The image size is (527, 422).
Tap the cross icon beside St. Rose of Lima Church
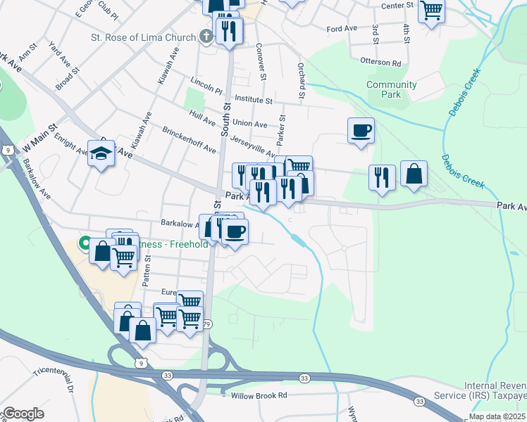coord(206,37)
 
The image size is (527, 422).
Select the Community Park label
coord(391,89)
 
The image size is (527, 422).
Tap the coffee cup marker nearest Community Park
coord(361,131)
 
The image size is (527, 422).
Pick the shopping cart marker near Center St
coord(431,11)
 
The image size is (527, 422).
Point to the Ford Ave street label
coord(343,29)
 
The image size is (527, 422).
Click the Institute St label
coord(254,101)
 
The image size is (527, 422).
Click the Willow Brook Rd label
coord(254,396)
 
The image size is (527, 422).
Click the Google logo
coord(23,414)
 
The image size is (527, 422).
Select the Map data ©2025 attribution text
coord(497,416)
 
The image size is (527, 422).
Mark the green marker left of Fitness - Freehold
coord(85,244)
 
